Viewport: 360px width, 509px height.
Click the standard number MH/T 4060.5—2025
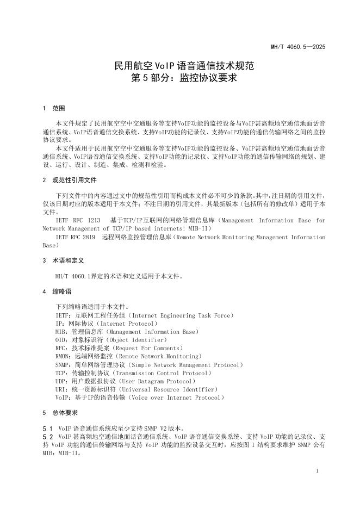(298, 47)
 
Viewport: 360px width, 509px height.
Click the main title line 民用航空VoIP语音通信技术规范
(179, 66)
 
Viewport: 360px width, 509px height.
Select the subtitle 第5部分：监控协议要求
(179, 78)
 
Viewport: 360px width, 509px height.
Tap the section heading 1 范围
(53, 108)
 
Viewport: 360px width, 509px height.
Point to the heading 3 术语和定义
(63, 260)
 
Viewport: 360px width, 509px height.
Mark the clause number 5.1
(47, 428)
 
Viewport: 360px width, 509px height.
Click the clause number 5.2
(47, 436)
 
